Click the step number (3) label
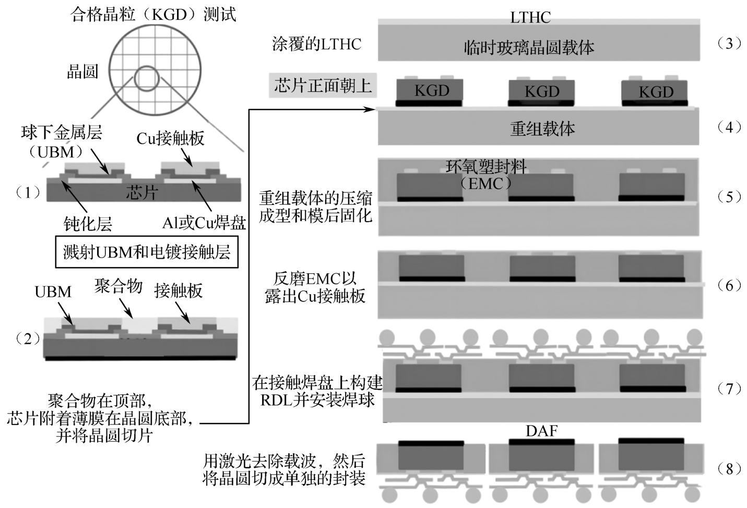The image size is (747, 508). [729, 43]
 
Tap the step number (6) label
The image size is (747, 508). [729, 285]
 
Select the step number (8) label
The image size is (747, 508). [729, 469]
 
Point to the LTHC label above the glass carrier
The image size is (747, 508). [530, 17]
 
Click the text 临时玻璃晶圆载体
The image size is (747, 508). [529, 48]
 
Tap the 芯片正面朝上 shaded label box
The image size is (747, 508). [323, 85]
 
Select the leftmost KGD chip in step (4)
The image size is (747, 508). [431, 91]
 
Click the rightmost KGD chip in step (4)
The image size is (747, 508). [656, 92]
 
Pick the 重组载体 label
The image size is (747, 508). [542, 128]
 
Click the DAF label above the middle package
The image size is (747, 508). [541, 431]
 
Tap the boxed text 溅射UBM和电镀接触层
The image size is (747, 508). [147, 252]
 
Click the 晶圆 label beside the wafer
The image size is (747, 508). [82, 71]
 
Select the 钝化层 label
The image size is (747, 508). [88, 224]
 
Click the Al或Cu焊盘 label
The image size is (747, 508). [204, 223]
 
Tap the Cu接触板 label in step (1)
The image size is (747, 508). [170, 138]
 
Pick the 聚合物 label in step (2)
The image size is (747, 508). [118, 286]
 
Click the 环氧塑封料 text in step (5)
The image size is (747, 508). [486, 166]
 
